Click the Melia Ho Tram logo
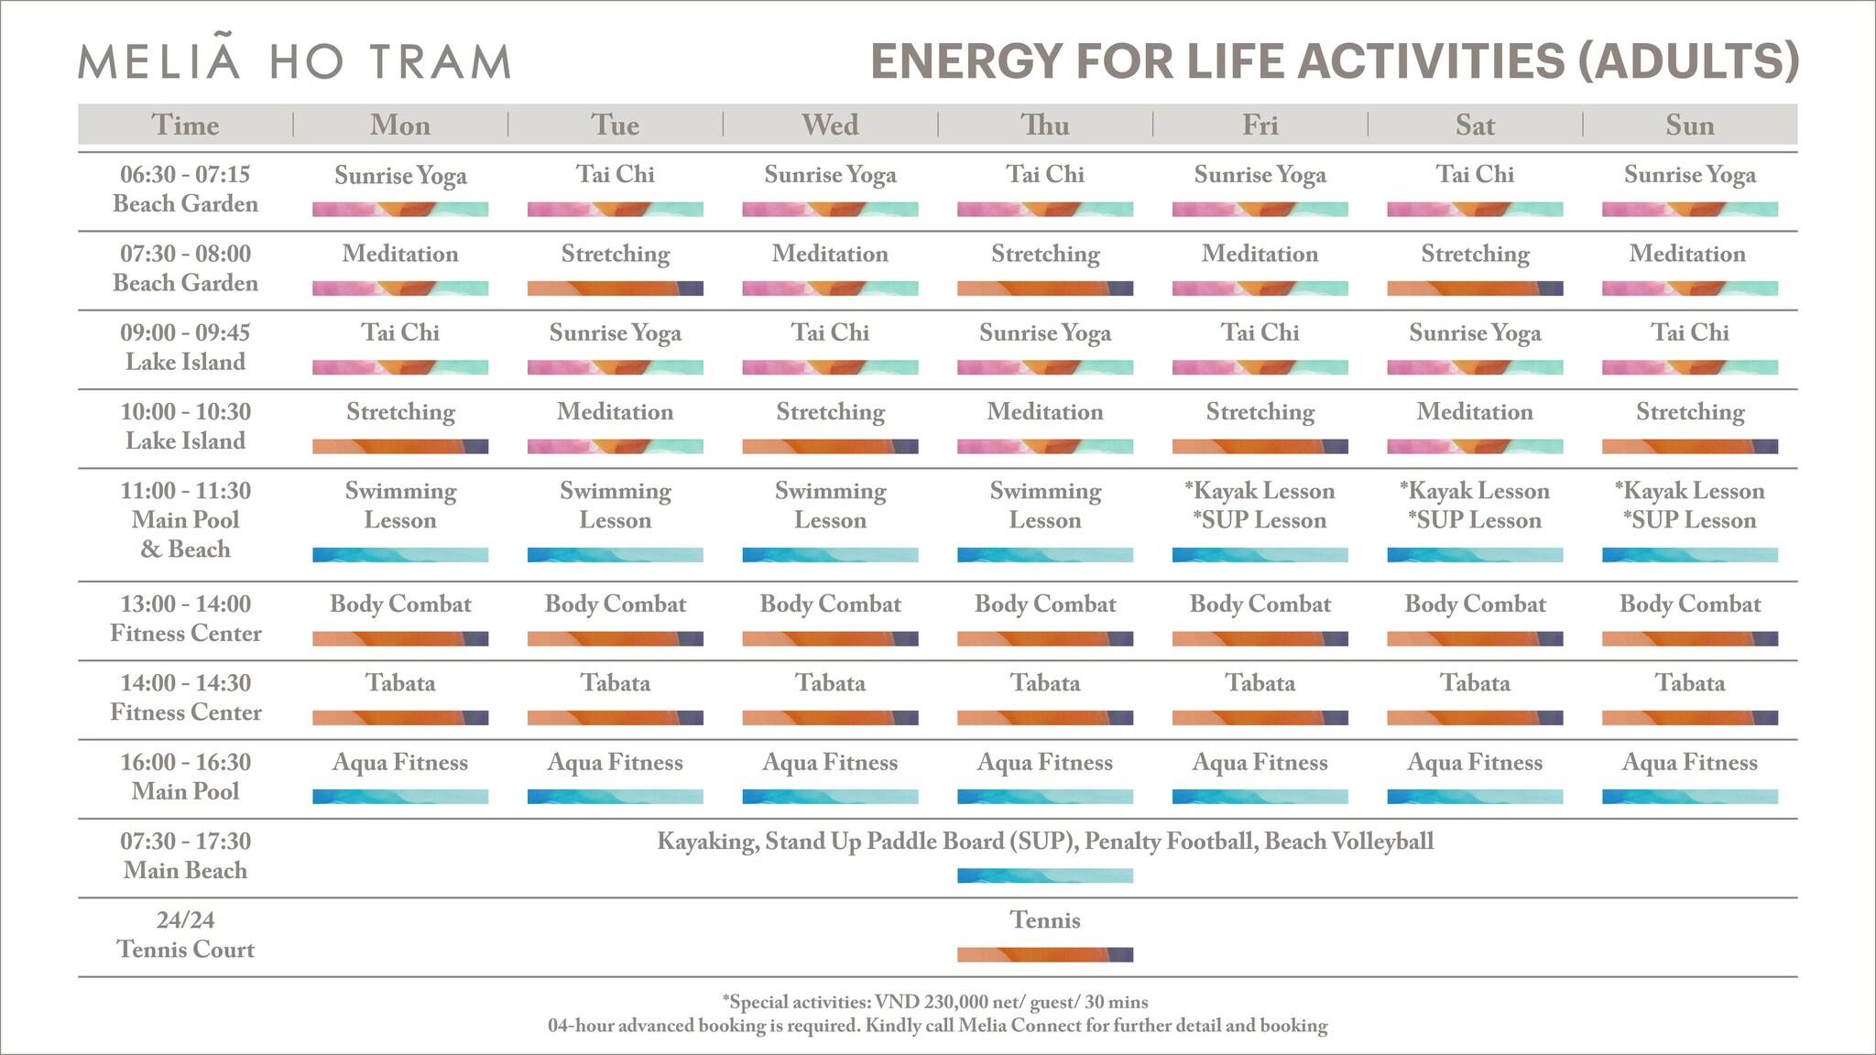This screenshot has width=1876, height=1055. click(294, 61)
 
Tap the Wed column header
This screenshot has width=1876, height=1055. click(830, 125)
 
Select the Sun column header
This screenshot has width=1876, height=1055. click(1689, 125)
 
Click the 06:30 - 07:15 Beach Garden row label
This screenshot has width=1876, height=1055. click(185, 190)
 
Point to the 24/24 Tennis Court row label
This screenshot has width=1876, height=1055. click(185, 935)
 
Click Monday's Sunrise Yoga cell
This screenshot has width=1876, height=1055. click(400, 176)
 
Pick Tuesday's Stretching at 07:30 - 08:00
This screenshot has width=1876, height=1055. click(615, 255)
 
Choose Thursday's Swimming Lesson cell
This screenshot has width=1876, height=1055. click(1045, 506)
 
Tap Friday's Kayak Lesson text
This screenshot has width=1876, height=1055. click(1260, 492)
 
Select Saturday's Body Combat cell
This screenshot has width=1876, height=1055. click(1475, 604)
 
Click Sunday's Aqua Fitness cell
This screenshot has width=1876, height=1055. click(1689, 763)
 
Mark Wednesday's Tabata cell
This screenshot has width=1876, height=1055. click(830, 683)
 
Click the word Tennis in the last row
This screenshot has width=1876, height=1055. click(1045, 920)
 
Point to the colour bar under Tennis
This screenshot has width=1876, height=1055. click(1045, 954)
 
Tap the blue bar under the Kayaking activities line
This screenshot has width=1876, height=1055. click(1045, 876)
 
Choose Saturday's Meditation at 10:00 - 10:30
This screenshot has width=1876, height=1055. click(1475, 413)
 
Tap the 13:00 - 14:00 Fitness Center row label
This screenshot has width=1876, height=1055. click(185, 619)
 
